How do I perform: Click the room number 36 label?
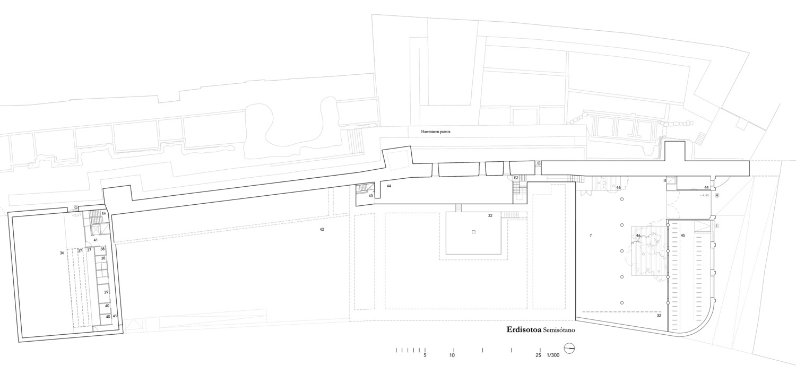coord(62,253)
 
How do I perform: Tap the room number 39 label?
coord(106,292)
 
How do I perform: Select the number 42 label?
coord(322,229)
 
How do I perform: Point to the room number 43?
coord(370,196)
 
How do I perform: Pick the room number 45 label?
coord(683,235)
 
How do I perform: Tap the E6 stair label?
coord(105,213)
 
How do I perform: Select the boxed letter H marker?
coord(716,195)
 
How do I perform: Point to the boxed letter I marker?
coord(717,226)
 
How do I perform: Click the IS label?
coord(664,181)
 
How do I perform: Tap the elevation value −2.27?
coord(77,215)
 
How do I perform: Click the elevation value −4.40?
coord(704,196)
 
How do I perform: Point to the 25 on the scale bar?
coord(538,355)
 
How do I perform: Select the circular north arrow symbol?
coord(570,349)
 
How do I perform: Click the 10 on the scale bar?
coord(452,355)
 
